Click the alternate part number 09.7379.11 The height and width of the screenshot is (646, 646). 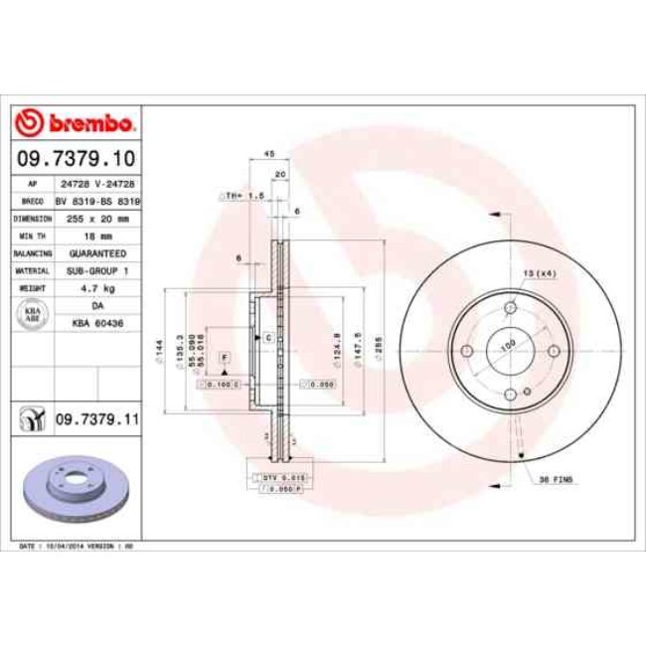pos(96,418)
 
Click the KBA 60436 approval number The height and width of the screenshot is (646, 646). pos(95,323)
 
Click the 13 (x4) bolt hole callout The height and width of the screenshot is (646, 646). pos(537,271)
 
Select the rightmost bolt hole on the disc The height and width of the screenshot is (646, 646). pos(553,351)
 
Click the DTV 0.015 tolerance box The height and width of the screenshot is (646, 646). pos(281,477)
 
